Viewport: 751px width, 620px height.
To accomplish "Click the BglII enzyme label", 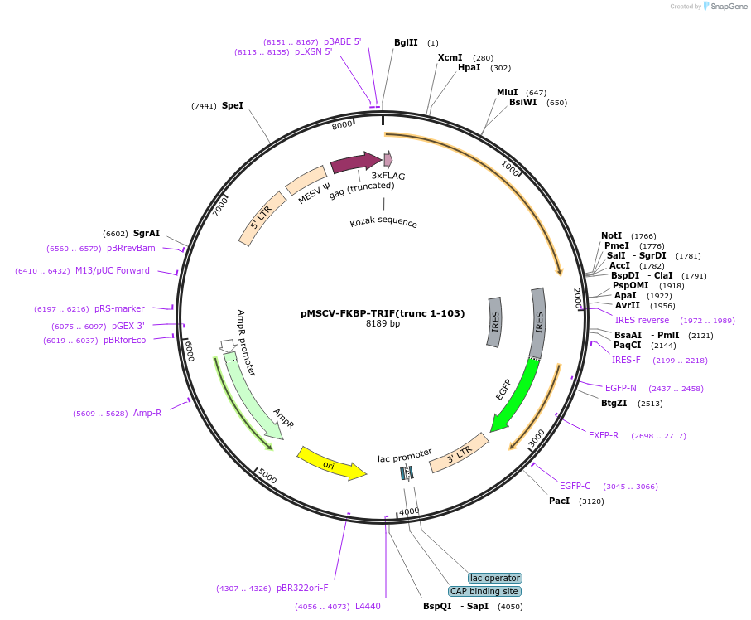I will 406,42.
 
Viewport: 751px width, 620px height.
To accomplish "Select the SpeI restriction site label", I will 233,105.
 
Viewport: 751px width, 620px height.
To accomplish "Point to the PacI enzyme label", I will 559,501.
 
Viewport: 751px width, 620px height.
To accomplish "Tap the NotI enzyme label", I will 611,236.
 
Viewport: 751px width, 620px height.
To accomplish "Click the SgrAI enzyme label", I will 147,234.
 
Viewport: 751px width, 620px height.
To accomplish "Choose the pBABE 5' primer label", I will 343,41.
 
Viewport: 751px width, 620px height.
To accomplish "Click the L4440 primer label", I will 368,606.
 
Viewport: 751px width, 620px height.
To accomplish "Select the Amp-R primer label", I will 147,413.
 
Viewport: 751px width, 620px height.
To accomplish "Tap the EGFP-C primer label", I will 575,486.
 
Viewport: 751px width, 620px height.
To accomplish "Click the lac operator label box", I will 495,578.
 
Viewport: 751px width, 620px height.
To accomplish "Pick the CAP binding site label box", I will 485,591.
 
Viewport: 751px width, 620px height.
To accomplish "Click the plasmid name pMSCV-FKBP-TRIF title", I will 383,313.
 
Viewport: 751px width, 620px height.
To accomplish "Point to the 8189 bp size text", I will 383,324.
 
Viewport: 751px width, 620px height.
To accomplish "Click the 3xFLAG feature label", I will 388,176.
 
